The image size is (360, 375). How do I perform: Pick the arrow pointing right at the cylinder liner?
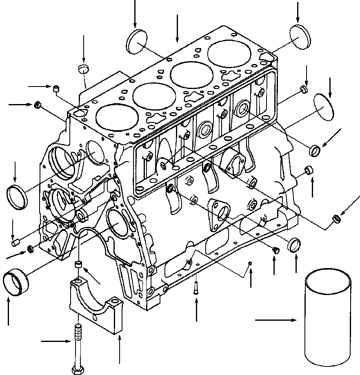coord(276,321)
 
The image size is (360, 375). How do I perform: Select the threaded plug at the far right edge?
coord(337,219)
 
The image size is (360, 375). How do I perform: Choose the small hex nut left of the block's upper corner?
coord(37,105)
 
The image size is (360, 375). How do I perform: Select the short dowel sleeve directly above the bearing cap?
coord(78,266)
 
